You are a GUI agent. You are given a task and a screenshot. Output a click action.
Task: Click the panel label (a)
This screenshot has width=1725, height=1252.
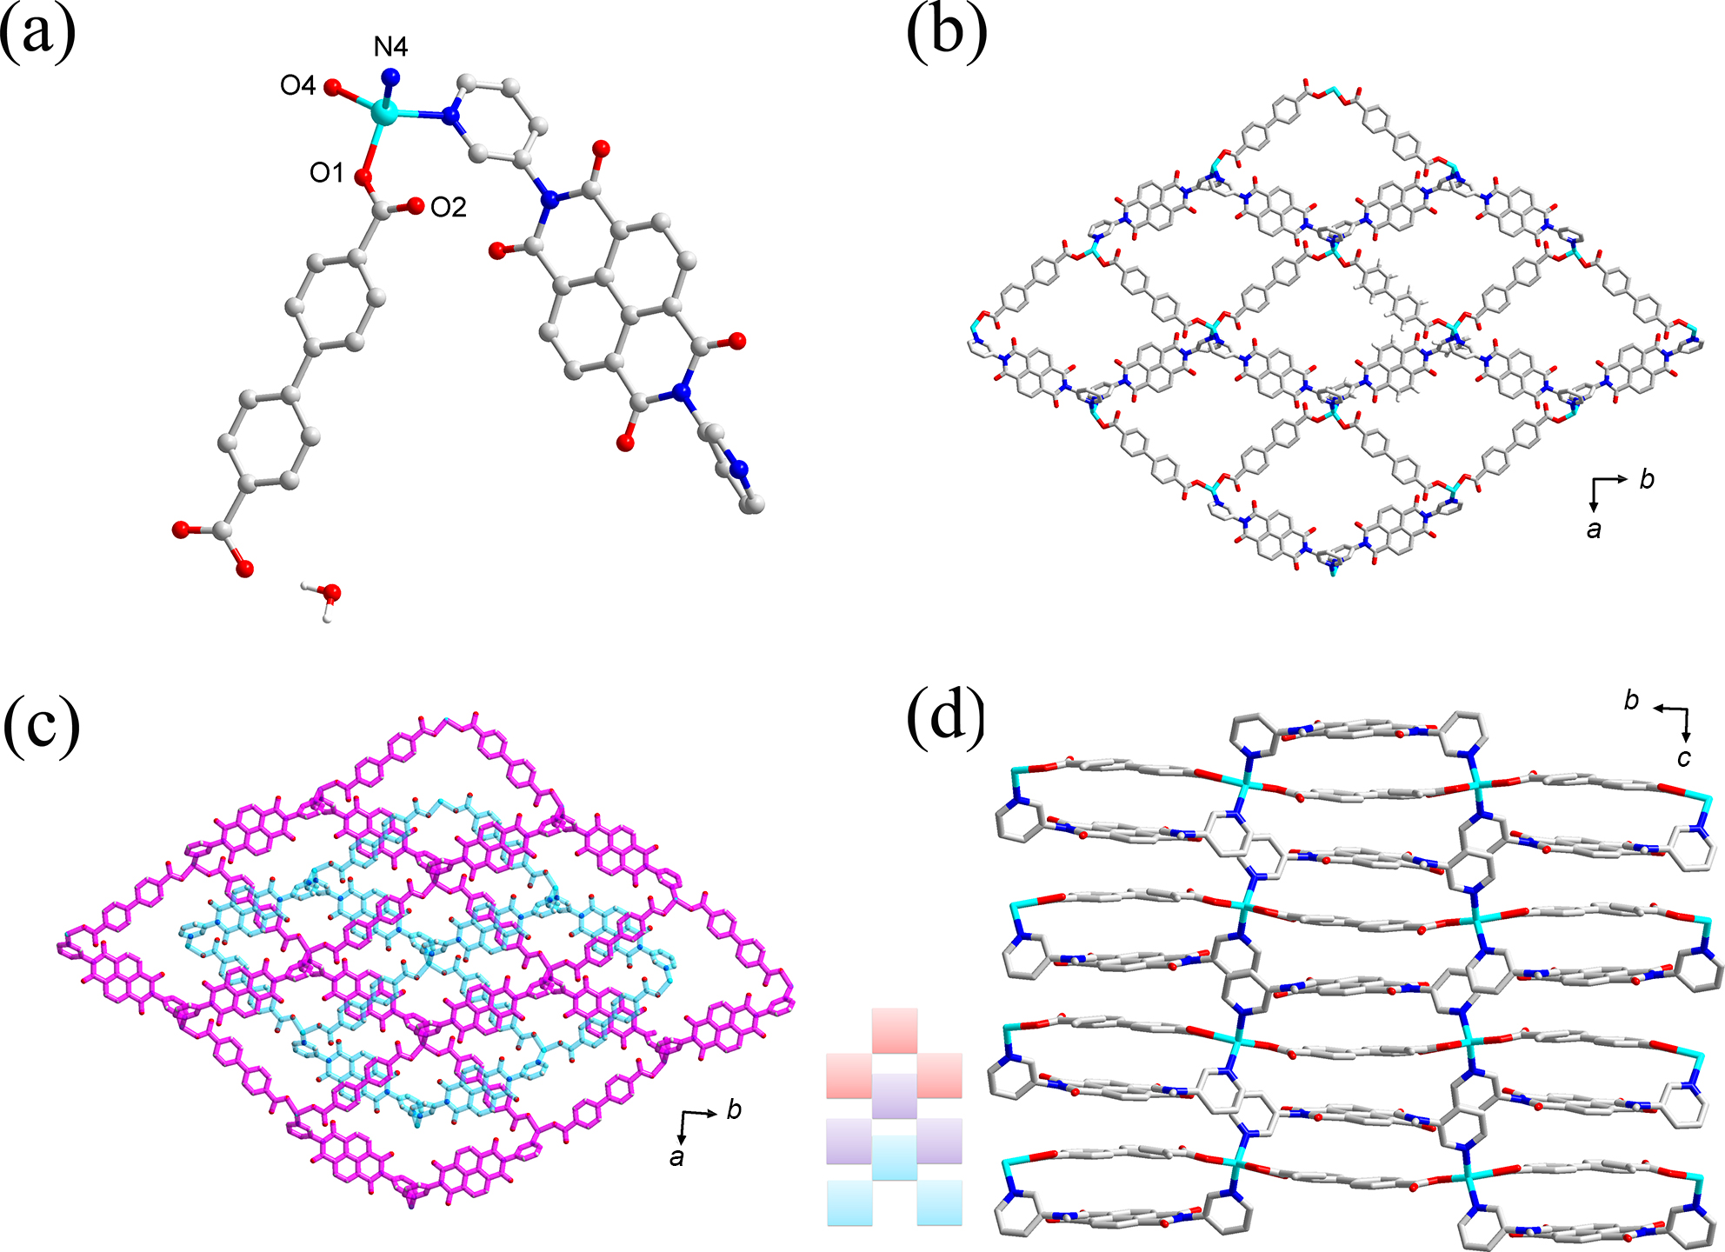pyautogui.click(x=38, y=35)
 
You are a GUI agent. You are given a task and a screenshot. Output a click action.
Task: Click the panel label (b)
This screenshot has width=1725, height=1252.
pyautogui.click(x=946, y=35)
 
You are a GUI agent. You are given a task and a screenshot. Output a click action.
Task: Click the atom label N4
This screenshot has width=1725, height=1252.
pyautogui.click(x=390, y=47)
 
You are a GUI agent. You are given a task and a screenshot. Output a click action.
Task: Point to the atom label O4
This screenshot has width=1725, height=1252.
pyautogui.click(x=297, y=85)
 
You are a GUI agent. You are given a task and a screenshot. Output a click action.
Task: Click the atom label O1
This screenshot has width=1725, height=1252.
pyautogui.click(x=327, y=173)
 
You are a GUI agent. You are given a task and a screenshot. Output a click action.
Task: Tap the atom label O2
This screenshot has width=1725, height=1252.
pyautogui.click(x=449, y=207)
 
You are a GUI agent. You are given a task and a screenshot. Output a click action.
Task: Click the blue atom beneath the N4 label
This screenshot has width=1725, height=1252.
pyautogui.click(x=392, y=77)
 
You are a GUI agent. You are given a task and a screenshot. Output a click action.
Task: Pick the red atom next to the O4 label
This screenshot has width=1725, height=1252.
pyautogui.click(x=332, y=87)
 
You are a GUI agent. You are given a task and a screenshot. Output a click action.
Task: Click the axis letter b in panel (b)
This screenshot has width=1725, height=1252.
pyautogui.click(x=1647, y=479)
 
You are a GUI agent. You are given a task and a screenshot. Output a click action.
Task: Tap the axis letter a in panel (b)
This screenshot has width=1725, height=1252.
pyautogui.click(x=1594, y=529)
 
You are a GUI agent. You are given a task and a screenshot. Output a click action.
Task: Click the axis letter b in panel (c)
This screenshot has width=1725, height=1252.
pyautogui.click(x=734, y=1110)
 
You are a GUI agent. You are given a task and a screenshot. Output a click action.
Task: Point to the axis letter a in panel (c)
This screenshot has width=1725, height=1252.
pyautogui.click(x=676, y=1157)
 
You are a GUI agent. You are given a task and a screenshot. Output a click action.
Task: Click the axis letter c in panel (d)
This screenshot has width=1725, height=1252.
pyautogui.click(x=1684, y=758)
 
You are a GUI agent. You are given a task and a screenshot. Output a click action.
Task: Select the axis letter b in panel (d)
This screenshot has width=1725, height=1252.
pyautogui.click(x=1632, y=701)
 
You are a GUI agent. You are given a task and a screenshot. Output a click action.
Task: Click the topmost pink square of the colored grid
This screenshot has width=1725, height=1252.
pyautogui.click(x=895, y=1030)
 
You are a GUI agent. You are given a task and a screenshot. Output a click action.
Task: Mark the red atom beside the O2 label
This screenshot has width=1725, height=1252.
pyautogui.click(x=416, y=206)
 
